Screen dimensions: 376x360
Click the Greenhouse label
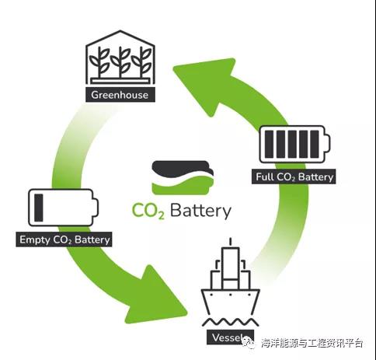click(120, 95)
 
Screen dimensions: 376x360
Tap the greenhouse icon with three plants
click(120, 58)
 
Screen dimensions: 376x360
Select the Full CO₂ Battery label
click(294, 177)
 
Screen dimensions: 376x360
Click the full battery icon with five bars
click(295, 145)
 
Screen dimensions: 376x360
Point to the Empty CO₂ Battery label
click(64, 239)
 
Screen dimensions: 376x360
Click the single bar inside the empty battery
click(39, 208)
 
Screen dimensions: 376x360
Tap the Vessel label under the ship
click(230, 337)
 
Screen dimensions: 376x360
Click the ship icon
click(230, 282)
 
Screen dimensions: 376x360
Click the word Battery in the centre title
click(200, 211)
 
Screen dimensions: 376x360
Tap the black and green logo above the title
click(183, 177)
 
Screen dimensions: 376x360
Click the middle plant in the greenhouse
click(120, 61)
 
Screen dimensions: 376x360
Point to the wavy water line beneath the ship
click(230, 323)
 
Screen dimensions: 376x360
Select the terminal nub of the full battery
click(328, 145)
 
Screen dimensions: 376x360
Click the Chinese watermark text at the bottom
click(312, 343)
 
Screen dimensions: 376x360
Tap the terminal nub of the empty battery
click(96, 208)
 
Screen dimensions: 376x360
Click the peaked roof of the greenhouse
click(120, 38)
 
